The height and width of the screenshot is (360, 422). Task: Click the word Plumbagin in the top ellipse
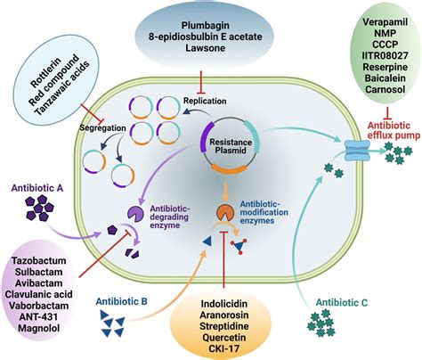(206, 26)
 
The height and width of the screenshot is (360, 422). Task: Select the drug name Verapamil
(385, 21)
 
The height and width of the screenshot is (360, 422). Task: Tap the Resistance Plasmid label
(231, 146)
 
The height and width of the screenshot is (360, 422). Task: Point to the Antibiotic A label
(37, 188)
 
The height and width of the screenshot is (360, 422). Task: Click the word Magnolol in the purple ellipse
(38, 328)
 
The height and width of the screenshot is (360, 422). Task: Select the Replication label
(205, 101)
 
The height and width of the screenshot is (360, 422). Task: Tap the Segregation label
(103, 128)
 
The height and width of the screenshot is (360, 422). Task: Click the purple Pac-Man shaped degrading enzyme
(135, 214)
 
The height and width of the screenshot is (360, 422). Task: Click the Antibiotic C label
(342, 303)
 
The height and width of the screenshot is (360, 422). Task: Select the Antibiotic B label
(121, 301)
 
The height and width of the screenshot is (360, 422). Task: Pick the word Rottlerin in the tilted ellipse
(45, 72)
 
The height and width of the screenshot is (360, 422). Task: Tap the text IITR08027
(385, 55)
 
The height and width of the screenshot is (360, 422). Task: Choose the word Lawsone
(206, 48)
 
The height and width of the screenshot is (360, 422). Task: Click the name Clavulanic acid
(38, 294)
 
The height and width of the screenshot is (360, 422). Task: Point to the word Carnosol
(385, 89)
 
